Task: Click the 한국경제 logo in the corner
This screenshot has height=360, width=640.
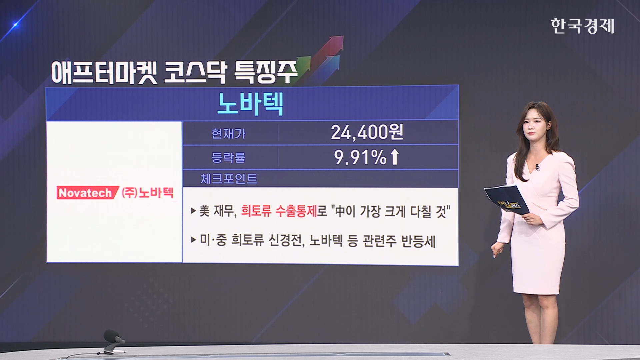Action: pyautogui.click(x=582, y=26)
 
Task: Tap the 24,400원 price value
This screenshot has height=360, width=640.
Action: pyautogui.click(x=367, y=132)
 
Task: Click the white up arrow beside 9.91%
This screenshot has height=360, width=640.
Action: pyautogui.click(x=394, y=157)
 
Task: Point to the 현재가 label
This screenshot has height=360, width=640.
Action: pyautogui.click(x=228, y=133)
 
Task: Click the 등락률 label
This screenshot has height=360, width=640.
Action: pyautogui.click(x=228, y=158)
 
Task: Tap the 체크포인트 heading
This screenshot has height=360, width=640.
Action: pyautogui.click(x=229, y=179)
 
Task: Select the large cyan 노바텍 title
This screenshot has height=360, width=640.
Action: pyautogui.click(x=250, y=104)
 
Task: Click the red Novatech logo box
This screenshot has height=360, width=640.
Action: pyautogui.click(x=87, y=193)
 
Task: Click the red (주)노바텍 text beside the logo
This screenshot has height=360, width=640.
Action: pyautogui.click(x=147, y=193)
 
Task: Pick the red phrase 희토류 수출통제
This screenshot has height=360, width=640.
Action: pyautogui.click(x=279, y=211)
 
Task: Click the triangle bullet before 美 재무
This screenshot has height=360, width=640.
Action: pyautogui.click(x=193, y=211)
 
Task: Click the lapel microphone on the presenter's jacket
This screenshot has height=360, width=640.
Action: pyautogui.click(x=537, y=167)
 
